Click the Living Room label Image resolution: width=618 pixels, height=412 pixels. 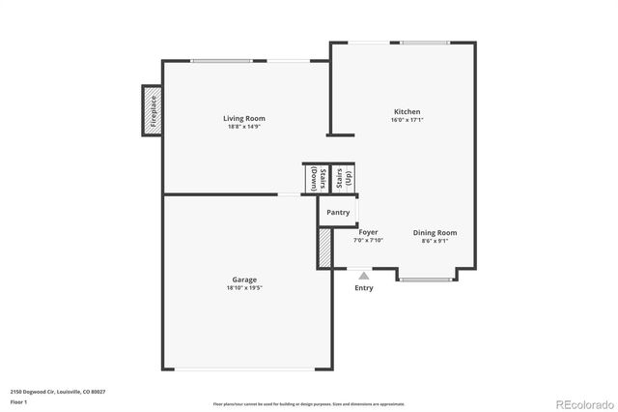tap(244, 119)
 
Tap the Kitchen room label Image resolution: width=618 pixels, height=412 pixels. tap(407, 112)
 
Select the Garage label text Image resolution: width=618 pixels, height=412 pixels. tap(244, 280)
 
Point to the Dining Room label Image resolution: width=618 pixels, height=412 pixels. tap(435, 232)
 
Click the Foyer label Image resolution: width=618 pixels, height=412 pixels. tap(368, 232)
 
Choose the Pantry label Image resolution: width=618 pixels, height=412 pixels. tap(338, 212)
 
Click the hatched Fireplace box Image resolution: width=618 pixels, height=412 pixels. tap(152, 110)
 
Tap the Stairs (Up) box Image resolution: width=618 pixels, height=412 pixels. tap(344, 179)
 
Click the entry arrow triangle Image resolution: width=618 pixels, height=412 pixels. tap(363, 276)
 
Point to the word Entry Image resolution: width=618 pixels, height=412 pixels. tap(363, 287)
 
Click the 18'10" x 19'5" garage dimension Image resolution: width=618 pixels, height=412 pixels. tap(244, 288)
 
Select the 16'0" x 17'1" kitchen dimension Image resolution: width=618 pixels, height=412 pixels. tap(407, 120)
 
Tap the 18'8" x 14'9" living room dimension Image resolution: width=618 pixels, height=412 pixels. tap(244, 127)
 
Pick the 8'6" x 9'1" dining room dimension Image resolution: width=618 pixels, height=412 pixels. tap(435, 241)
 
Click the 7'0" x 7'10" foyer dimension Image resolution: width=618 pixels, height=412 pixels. tap(368, 241)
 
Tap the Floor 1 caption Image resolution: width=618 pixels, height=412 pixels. tap(18, 400)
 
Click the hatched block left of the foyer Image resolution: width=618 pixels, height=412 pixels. tap(324, 248)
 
